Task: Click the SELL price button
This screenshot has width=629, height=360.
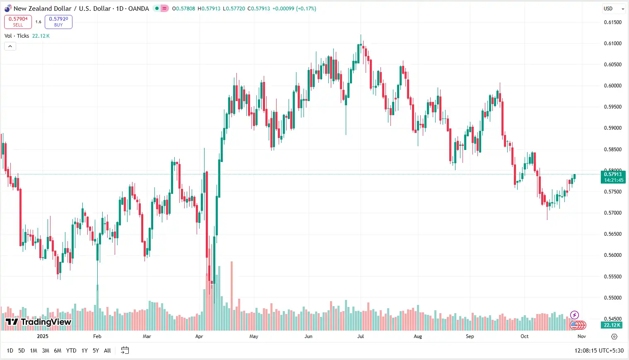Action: [18, 22]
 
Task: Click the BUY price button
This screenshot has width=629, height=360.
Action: [58, 22]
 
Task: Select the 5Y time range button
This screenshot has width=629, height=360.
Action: [96, 350]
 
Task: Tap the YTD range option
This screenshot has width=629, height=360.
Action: [71, 350]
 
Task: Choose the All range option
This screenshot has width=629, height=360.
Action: [107, 350]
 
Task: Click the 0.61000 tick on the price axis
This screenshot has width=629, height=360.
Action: [612, 43]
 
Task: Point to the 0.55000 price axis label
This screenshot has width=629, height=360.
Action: [612, 298]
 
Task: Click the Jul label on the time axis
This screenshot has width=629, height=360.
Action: [361, 336]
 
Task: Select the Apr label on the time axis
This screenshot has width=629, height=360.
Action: [199, 336]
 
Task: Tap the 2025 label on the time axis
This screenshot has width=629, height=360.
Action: [43, 336]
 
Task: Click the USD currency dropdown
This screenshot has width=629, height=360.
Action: [613, 9]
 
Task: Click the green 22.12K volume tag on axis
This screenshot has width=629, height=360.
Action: [612, 325]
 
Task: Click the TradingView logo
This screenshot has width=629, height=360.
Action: [39, 322]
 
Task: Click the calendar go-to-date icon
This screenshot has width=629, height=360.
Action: [125, 350]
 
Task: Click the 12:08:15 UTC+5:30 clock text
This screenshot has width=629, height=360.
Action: [599, 350]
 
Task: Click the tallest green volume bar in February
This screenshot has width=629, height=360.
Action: [98, 307]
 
